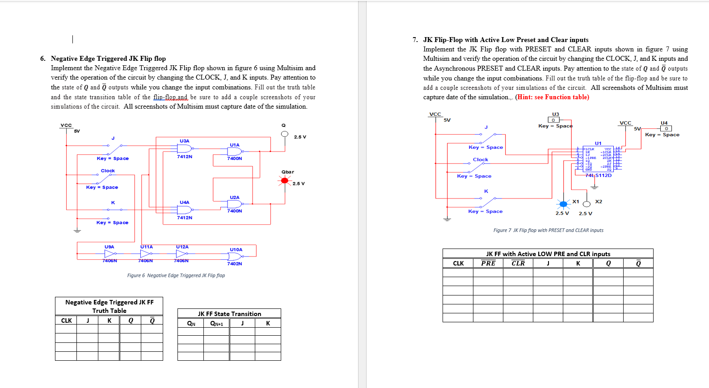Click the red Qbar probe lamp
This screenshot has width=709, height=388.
284,181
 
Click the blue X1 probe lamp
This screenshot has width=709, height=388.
563,204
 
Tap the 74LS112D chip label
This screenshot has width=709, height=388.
598,175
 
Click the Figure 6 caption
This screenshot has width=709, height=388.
176,275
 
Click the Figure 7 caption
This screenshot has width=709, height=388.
548,230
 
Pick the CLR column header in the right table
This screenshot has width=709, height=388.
518,263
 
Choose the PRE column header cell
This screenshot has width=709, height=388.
488,263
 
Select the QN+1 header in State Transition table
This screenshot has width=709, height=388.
216,324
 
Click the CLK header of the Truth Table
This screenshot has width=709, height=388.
66,321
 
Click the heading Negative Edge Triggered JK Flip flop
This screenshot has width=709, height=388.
108,59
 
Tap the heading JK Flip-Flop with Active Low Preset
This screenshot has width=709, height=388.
506,40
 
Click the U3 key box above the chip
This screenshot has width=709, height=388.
553,120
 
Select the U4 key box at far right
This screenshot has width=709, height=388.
666,129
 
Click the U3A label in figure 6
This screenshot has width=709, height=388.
184,141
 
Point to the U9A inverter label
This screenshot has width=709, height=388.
109,247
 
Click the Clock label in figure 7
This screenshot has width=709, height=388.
481,160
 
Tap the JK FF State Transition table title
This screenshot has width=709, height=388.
229,314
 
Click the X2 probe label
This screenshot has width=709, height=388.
599,202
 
